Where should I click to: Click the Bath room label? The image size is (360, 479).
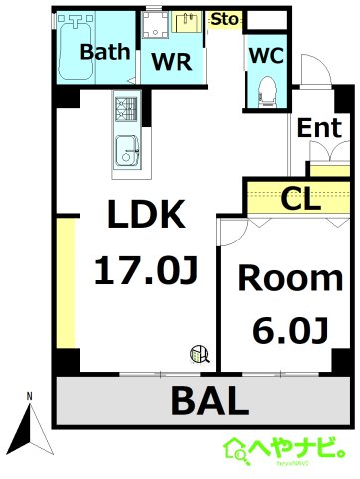[105, 52]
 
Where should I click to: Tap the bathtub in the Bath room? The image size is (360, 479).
[76, 47]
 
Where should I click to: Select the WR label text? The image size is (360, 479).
[172, 61]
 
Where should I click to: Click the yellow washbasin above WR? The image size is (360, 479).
[186, 22]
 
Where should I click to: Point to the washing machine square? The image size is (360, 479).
[156, 25]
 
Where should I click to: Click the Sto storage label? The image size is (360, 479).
[225, 19]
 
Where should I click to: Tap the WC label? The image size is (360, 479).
[266, 55]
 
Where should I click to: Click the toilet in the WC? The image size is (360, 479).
[268, 92]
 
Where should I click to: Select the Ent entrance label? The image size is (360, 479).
[319, 128]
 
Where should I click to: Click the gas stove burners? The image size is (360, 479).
[126, 109]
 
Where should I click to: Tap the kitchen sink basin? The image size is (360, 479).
[127, 151]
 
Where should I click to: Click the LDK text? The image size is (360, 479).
[147, 214]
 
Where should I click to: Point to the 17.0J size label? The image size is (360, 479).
[147, 270]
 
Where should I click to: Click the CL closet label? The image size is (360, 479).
[301, 199]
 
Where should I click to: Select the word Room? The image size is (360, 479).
[290, 278]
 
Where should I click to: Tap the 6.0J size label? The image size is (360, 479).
[291, 331]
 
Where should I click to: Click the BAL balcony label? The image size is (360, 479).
[209, 400]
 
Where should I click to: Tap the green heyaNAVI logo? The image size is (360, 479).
[284, 451]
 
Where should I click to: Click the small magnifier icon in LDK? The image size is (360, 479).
[200, 355]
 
